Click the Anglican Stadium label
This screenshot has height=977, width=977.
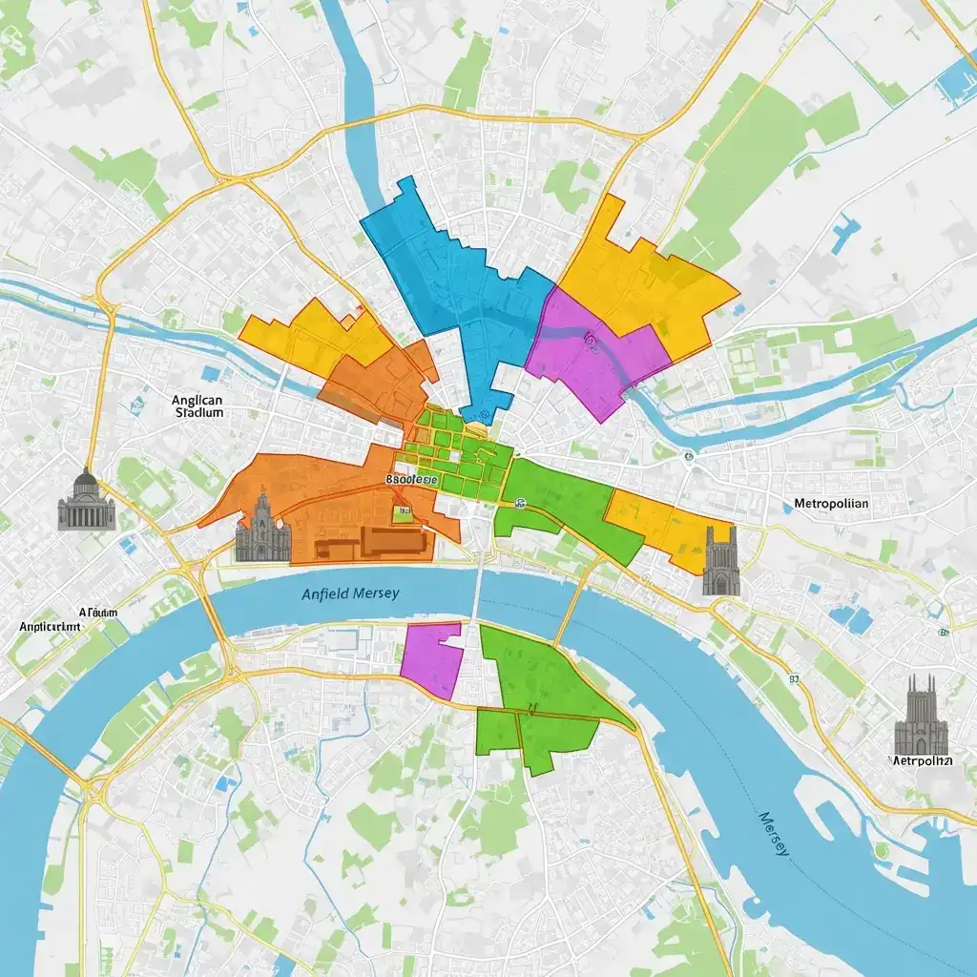coord(199,407)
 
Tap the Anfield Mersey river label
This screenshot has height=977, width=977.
coord(350,593)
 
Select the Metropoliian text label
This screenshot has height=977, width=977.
coord(831,502)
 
